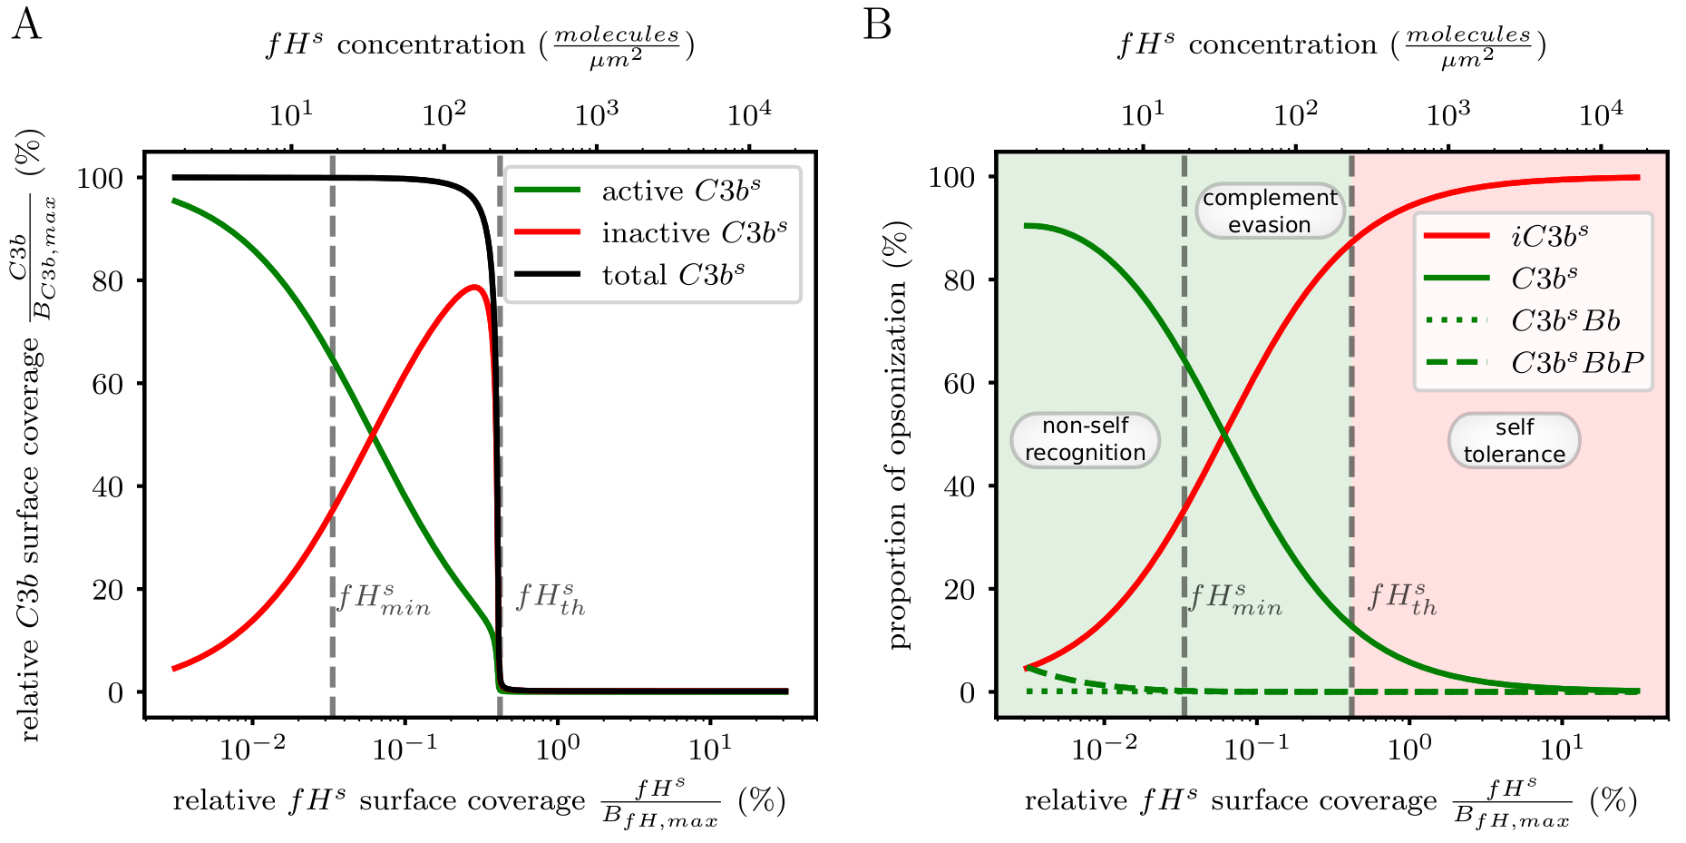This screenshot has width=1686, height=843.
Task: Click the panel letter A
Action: pos(25,25)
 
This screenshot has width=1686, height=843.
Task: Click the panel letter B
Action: pos(877,25)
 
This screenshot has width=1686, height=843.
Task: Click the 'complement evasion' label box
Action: pos(1270,211)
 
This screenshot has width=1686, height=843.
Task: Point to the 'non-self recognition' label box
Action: pos(1085,439)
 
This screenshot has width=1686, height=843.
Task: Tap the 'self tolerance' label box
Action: pos(1514,440)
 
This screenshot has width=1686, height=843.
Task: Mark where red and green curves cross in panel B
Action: pos(1225,436)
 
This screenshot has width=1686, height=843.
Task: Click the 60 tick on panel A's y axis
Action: pos(107,384)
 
